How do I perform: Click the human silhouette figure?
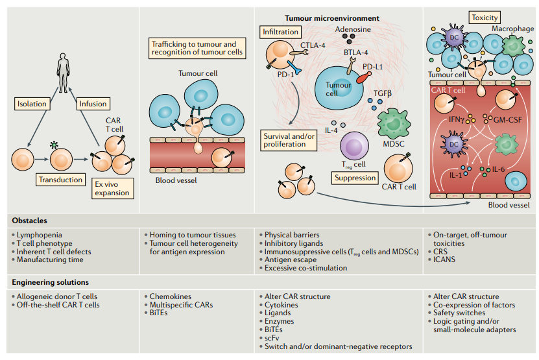point(64,73)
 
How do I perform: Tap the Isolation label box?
point(32,104)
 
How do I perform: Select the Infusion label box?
point(93,104)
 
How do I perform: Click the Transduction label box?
point(60,180)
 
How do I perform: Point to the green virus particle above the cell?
point(54,145)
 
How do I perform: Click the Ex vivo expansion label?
point(112,188)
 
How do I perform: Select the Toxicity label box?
point(485,18)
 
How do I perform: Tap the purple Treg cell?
point(354,146)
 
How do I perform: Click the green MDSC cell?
point(394,124)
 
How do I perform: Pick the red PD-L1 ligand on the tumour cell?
point(363,77)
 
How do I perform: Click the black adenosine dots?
point(348,38)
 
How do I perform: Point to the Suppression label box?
point(355,178)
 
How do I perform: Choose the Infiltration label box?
point(280,32)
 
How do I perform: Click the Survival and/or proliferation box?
point(289,140)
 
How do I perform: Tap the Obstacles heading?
point(30,221)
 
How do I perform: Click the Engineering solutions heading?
point(51,282)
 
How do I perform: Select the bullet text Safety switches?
point(459,313)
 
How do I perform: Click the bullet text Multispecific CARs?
point(181,305)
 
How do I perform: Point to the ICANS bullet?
point(444,259)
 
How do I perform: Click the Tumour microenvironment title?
point(332,18)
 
